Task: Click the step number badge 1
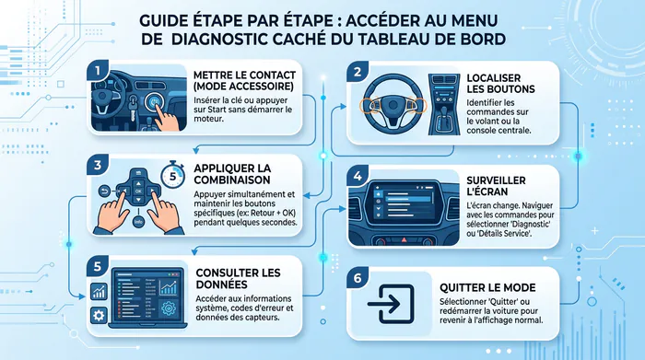pyautogui.click(x=98, y=71)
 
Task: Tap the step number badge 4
pyautogui.click(x=358, y=176)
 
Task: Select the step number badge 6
pyautogui.click(x=358, y=278)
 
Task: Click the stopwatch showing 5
pyautogui.click(x=172, y=175)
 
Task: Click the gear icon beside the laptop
pyautogui.click(x=99, y=315)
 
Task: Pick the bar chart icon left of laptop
pyautogui.click(x=99, y=291)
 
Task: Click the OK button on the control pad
pyautogui.click(x=138, y=192)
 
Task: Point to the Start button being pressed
pyautogui.click(x=154, y=101)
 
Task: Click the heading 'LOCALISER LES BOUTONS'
pyautogui.click(x=500, y=84)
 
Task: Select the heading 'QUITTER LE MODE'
pyautogui.click(x=487, y=287)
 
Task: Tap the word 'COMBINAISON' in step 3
pyautogui.click(x=232, y=180)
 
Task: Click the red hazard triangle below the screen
pyautogui.click(x=404, y=239)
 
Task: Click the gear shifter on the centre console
pyautogui.click(x=444, y=116)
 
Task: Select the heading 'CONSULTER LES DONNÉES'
pyautogui.click(x=238, y=279)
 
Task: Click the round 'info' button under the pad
pyautogui.click(x=138, y=222)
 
